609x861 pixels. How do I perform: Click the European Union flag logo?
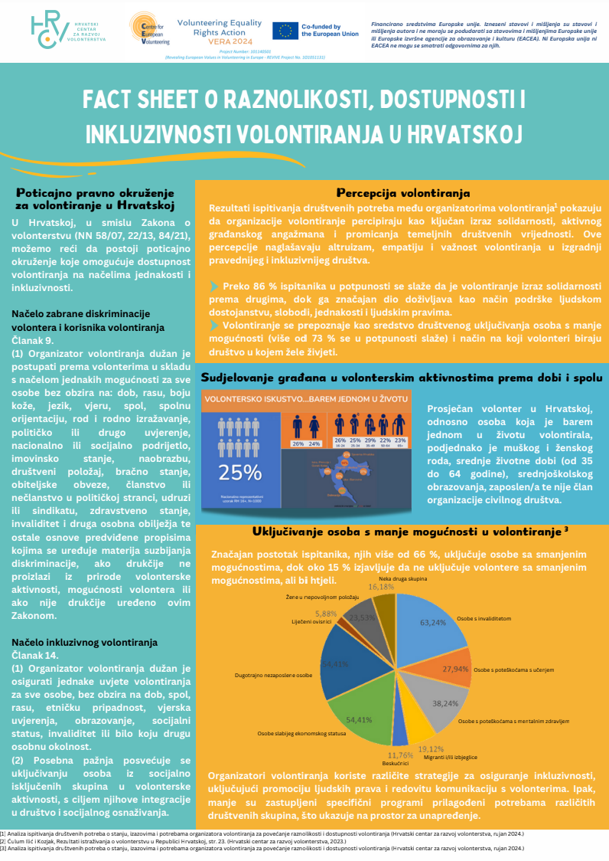(x=285, y=31)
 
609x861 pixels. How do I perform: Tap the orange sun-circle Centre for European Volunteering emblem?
(x=145, y=29)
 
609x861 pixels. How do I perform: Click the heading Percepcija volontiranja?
(x=403, y=193)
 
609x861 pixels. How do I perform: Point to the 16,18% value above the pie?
(x=382, y=586)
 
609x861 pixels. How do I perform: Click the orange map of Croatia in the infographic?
(x=337, y=478)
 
